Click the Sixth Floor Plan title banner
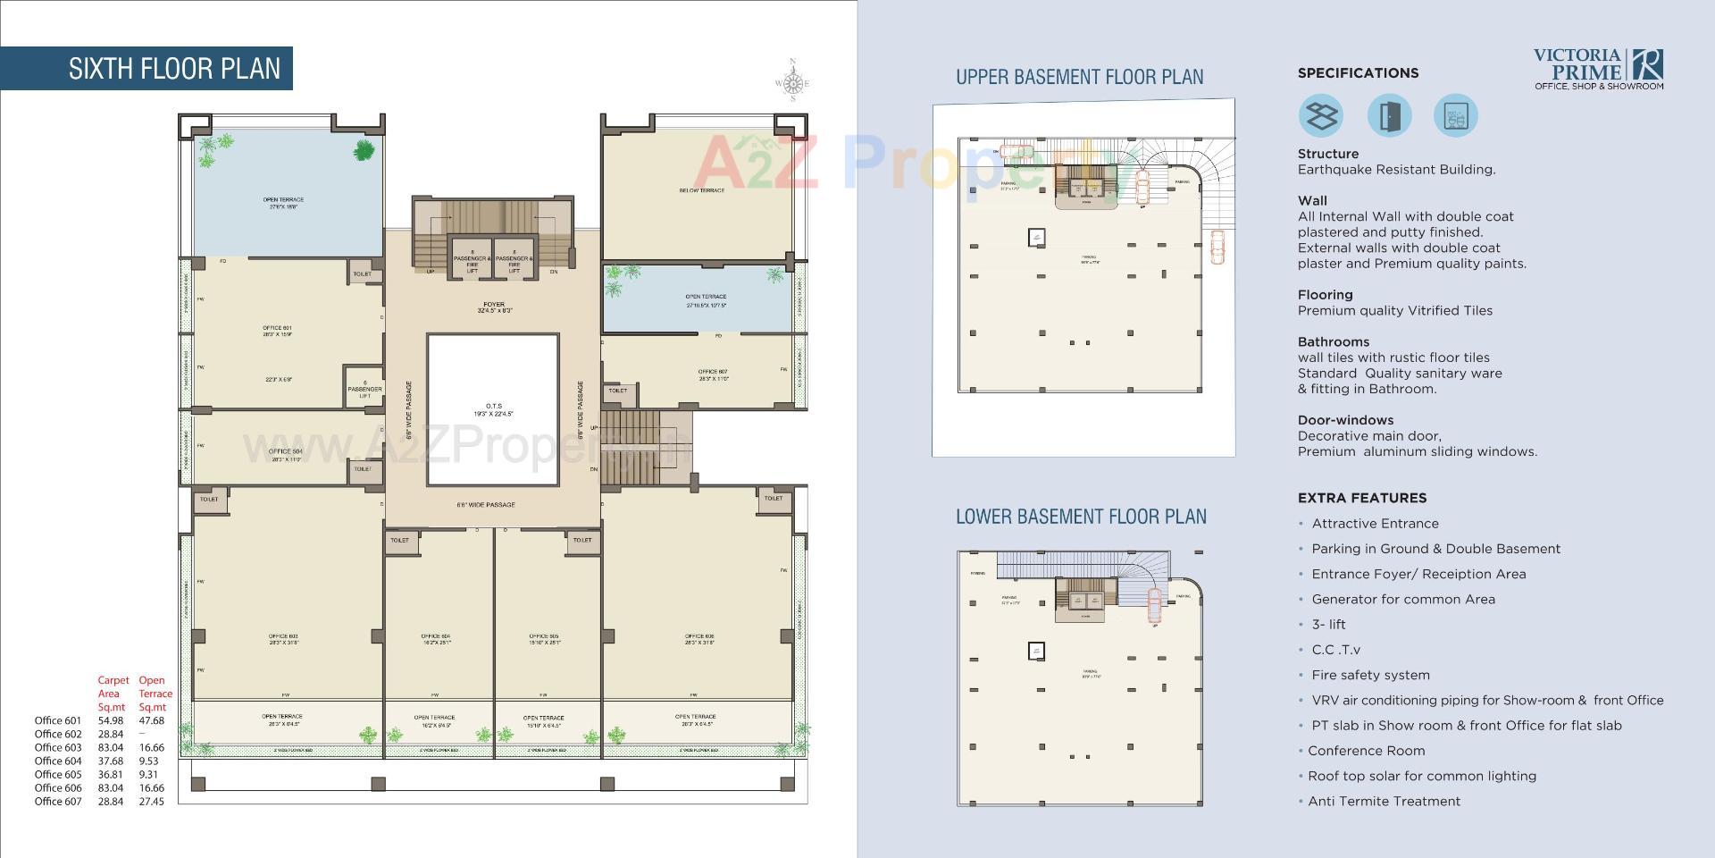(x=174, y=69)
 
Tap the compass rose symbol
(x=792, y=82)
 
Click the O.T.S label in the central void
(x=493, y=409)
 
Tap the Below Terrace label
(x=701, y=190)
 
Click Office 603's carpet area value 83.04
(x=111, y=747)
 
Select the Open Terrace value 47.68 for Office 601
(x=151, y=720)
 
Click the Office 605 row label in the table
(x=58, y=774)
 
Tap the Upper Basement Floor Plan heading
(x=1079, y=78)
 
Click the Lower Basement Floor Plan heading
(x=1081, y=517)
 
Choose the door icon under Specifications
(x=1389, y=116)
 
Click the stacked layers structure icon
(x=1320, y=116)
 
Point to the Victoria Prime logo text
(x=1577, y=64)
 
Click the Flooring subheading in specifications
(x=1325, y=295)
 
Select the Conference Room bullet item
(x=1366, y=751)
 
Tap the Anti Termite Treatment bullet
(x=1384, y=802)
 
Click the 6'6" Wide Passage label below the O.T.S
(x=486, y=505)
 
